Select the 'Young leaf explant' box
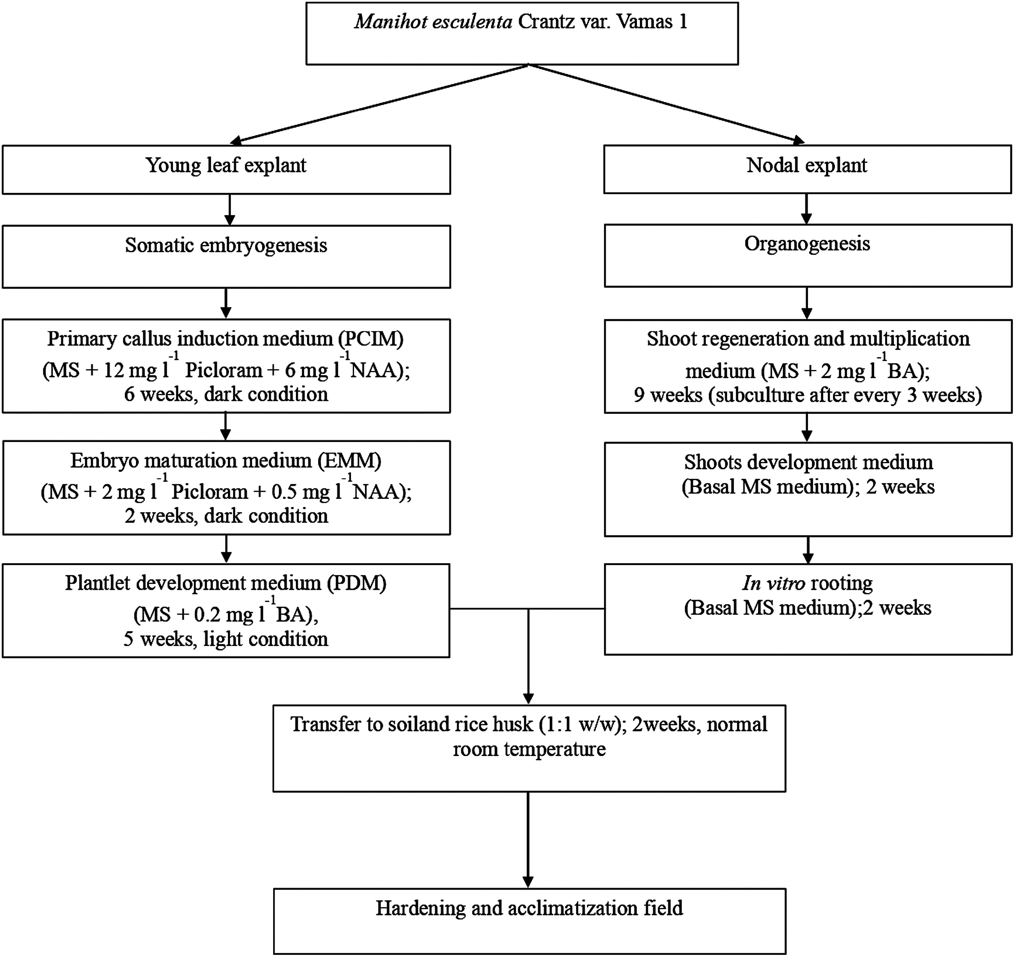point(226,170)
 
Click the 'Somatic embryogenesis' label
point(226,246)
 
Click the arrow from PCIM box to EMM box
point(226,426)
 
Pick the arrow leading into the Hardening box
point(528,840)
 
